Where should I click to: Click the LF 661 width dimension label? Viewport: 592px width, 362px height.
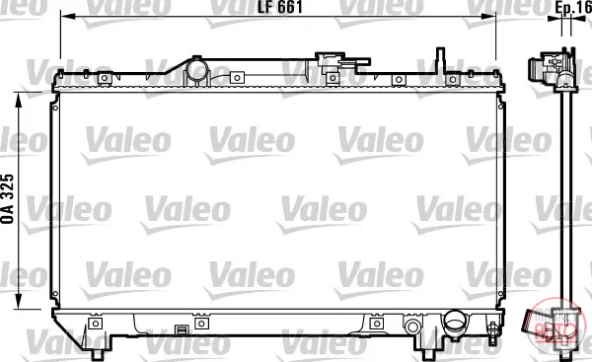[280, 7]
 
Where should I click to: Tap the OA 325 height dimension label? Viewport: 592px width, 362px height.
[8, 199]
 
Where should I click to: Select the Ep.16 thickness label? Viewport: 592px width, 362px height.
[573, 9]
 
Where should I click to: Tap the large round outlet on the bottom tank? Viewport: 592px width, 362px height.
[454, 322]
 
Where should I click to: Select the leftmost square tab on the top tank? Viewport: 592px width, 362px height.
[105, 78]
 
